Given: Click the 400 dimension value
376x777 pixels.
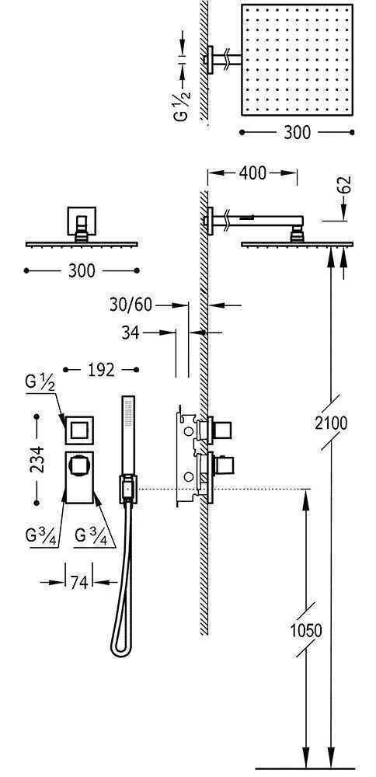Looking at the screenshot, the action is [x=252, y=173].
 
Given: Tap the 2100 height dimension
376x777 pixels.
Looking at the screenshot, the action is [x=332, y=423].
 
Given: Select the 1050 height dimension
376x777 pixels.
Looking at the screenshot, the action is [x=305, y=631].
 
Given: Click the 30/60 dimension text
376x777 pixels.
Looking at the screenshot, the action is [x=131, y=305].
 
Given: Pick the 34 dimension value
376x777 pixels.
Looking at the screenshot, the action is [x=131, y=333].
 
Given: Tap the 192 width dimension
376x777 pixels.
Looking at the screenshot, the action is [x=101, y=370].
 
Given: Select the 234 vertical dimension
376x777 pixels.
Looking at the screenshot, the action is [x=37, y=460].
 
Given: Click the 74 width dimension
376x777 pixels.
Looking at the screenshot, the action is [x=79, y=583].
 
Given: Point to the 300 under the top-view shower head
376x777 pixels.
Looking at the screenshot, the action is [x=297, y=132].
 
